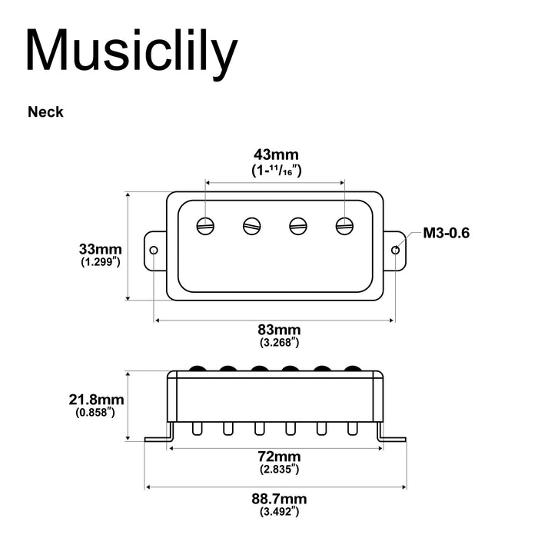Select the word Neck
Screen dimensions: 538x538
(45, 112)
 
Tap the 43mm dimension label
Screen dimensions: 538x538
(276, 155)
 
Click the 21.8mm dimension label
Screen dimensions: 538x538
(95, 400)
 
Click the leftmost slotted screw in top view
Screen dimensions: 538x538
(205, 225)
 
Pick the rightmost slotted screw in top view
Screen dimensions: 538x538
(344, 225)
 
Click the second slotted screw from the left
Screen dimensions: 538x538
(251, 225)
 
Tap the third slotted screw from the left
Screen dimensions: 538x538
(298, 225)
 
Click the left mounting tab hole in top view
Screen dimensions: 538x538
(154, 250)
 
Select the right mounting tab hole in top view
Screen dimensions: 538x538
(396, 250)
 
